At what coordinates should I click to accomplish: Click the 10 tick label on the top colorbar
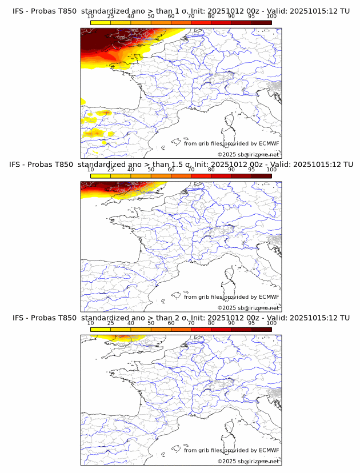coord(91,17)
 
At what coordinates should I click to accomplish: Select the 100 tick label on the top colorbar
coord(271,17)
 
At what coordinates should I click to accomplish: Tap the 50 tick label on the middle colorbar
coord(151,170)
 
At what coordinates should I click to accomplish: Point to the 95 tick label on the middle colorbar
coord(251,170)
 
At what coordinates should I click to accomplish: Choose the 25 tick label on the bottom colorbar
coord(111,323)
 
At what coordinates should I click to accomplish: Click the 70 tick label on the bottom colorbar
coord(191,323)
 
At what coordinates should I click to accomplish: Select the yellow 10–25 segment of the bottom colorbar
coord(101,329)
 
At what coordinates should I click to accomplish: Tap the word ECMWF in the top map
coord(269,143)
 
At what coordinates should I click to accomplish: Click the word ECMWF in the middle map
coord(269,296)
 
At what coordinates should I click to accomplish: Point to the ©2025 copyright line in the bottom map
coord(248,461)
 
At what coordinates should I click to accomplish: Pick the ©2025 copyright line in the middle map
coord(248,308)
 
